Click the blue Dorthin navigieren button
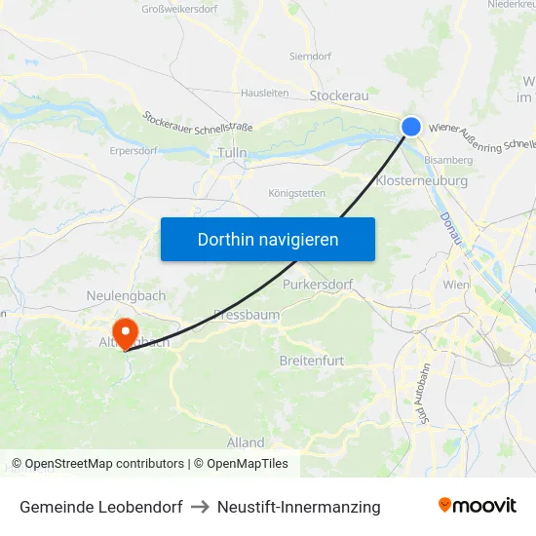point(268,239)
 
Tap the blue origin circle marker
point(411,126)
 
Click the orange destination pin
point(126,328)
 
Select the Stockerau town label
point(338,96)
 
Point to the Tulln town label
point(232,153)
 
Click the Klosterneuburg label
point(421,180)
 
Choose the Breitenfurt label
point(312,361)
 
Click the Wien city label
point(456,286)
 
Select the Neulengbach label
point(126,295)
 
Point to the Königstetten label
point(297,193)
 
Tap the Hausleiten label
point(265,94)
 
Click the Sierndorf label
point(311,57)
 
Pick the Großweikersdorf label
point(180,10)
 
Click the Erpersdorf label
point(134,151)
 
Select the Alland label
point(246,441)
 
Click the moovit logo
point(477,506)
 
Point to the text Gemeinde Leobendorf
point(100,507)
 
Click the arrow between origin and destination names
point(200,507)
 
